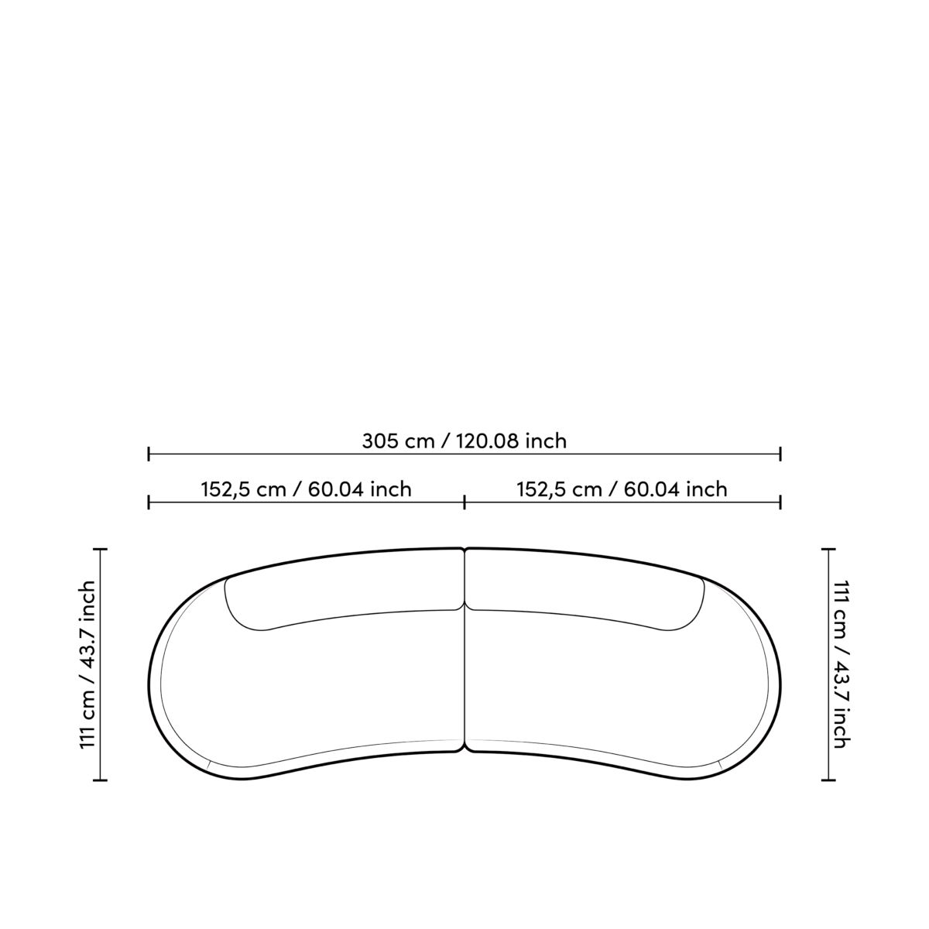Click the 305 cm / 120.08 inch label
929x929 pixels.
464,441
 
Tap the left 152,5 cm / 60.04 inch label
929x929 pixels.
306,489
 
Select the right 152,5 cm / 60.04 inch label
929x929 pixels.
622,489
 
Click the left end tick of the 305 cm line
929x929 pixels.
149,454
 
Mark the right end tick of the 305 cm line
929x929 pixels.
780,454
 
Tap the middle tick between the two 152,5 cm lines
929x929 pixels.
464,502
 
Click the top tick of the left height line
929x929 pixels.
101,549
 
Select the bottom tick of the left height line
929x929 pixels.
101,780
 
